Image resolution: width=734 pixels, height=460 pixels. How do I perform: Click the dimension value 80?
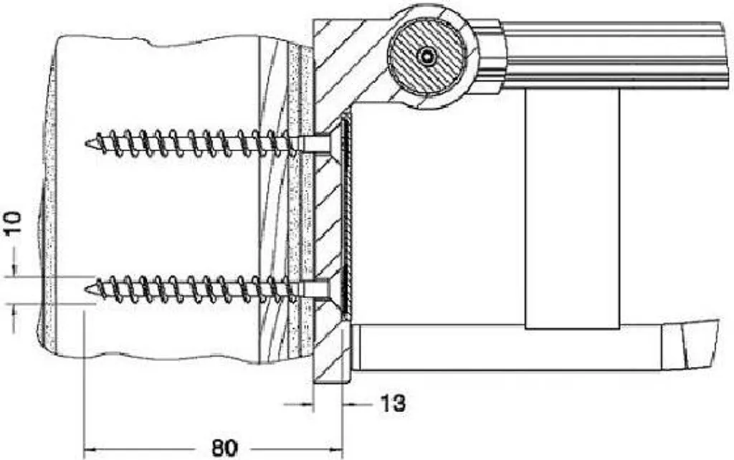(x=224, y=449)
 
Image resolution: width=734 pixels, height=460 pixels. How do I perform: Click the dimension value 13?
(x=392, y=403)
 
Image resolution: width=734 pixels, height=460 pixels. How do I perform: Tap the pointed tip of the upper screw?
(x=86, y=143)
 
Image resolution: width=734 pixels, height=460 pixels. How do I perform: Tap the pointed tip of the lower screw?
(x=86, y=289)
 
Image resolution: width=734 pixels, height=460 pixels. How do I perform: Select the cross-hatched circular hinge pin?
(x=426, y=57)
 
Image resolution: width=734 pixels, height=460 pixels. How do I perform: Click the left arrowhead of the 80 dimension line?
(x=89, y=450)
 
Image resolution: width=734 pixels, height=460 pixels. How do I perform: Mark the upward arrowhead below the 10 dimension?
(x=14, y=310)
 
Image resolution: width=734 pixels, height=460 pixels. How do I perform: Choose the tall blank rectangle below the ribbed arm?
(x=572, y=209)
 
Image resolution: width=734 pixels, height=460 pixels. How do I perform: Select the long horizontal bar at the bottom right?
(x=510, y=348)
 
